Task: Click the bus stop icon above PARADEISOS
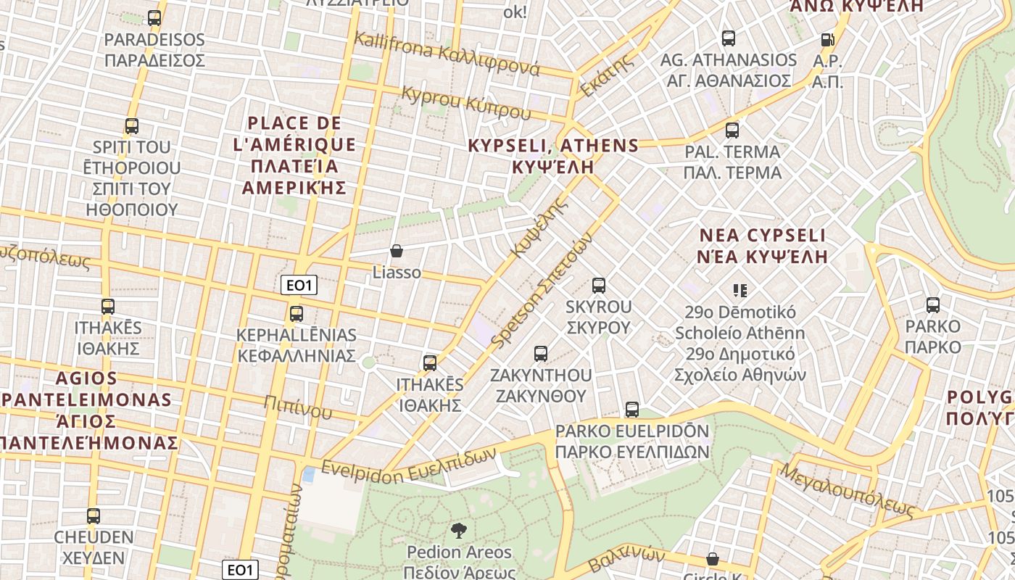(154, 18)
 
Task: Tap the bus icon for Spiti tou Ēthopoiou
(131, 126)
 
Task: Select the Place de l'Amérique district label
(294, 155)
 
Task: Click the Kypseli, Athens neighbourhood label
(553, 156)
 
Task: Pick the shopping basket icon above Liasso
(397, 252)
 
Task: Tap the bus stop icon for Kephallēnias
(296, 314)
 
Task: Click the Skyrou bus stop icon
(598, 286)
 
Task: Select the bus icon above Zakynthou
(540, 354)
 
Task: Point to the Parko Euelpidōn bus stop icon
(631, 410)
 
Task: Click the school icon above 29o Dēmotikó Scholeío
(739, 291)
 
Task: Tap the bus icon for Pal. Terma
(732, 130)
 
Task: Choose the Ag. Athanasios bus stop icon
(728, 38)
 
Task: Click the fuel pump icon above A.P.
(827, 40)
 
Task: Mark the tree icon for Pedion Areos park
(458, 531)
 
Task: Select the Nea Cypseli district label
(762, 246)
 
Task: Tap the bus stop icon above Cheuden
(93, 516)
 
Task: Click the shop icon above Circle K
(713, 559)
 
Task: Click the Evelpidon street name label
(409, 465)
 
